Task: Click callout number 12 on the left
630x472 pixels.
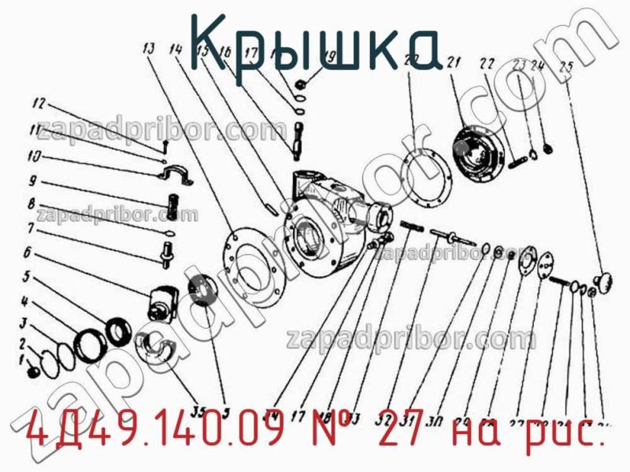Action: tap(39, 103)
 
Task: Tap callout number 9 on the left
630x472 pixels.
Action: tap(32, 179)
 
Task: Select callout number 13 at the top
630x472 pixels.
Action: tap(148, 49)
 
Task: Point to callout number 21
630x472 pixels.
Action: tap(453, 62)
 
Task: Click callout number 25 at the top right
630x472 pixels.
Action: tap(565, 66)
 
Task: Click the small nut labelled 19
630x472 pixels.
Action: tap(301, 83)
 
